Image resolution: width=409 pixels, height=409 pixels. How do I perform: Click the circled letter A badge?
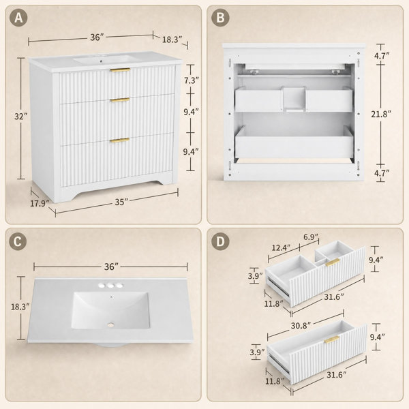18,18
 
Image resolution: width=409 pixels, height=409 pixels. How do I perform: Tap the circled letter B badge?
220,18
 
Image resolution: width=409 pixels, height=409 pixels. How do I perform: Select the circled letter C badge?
18,241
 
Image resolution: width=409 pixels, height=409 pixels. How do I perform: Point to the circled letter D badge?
220,241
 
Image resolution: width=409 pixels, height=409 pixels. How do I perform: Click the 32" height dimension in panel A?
20,117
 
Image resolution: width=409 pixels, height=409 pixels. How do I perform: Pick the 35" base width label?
121,202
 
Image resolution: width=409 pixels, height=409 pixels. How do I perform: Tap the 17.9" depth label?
40,203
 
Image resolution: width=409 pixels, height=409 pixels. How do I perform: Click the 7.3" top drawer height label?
192,80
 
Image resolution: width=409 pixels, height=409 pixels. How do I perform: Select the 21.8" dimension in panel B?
381,114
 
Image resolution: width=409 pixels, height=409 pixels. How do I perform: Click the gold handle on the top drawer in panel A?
120,70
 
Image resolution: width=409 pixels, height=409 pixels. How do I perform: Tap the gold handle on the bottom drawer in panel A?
120,140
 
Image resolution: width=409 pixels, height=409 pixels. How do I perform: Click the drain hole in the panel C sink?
111,324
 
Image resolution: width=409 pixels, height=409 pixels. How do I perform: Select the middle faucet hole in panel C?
111,286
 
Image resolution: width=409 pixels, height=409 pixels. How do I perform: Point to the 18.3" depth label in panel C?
20,307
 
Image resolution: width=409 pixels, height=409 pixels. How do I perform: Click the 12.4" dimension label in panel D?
281,247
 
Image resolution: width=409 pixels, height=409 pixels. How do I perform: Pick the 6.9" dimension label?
311,237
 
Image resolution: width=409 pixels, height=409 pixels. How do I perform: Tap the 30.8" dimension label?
301,326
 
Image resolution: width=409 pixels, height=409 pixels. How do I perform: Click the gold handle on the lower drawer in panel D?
332,339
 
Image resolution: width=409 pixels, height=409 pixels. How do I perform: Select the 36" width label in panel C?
111,267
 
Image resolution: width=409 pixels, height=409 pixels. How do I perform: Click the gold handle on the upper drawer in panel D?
333,262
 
